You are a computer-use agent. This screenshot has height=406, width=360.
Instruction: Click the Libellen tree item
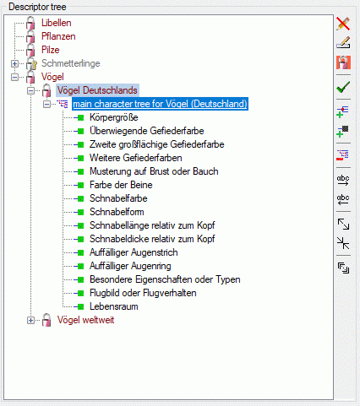(x=57, y=23)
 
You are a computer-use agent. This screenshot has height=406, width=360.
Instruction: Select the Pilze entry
(x=51, y=50)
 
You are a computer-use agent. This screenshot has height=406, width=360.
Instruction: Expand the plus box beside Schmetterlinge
(x=14, y=63)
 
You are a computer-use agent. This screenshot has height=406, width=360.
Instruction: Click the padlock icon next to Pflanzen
(x=30, y=37)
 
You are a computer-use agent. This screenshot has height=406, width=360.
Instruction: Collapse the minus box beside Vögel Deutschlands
(x=30, y=90)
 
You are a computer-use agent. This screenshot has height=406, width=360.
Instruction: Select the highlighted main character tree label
(x=160, y=104)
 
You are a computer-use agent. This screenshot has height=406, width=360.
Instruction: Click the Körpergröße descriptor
(x=114, y=117)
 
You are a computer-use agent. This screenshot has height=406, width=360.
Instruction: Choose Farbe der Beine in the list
(x=121, y=185)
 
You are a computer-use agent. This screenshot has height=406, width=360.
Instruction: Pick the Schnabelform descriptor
(x=117, y=212)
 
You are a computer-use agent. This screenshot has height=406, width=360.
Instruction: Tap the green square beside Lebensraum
(x=80, y=306)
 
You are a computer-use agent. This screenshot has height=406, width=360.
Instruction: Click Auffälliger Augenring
(x=130, y=266)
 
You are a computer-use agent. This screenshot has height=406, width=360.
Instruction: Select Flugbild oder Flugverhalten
(x=143, y=293)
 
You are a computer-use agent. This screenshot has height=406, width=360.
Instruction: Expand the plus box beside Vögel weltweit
(x=30, y=320)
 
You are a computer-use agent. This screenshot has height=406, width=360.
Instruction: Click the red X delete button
(x=343, y=24)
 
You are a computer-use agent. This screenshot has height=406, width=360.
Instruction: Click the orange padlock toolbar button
(x=343, y=62)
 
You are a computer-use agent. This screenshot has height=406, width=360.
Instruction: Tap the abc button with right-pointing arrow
(x=343, y=181)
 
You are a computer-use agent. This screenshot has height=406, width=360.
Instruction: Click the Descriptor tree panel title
(x=37, y=7)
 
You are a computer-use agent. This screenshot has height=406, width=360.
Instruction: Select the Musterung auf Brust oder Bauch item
(x=154, y=171)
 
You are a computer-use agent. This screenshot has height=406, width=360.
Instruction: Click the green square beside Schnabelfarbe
(x=80, y=198)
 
